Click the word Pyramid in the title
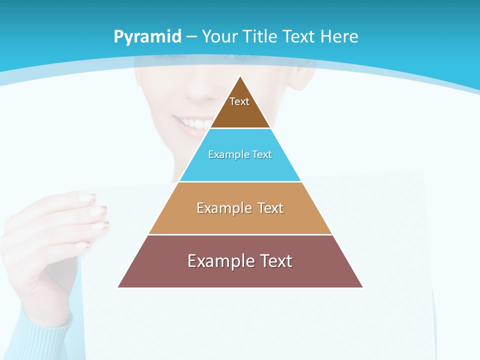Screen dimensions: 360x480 147,37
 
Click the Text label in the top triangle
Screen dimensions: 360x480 239,101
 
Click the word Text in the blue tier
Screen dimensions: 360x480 262,155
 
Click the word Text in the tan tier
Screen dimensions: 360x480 270,208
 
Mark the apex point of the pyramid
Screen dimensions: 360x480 240,76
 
